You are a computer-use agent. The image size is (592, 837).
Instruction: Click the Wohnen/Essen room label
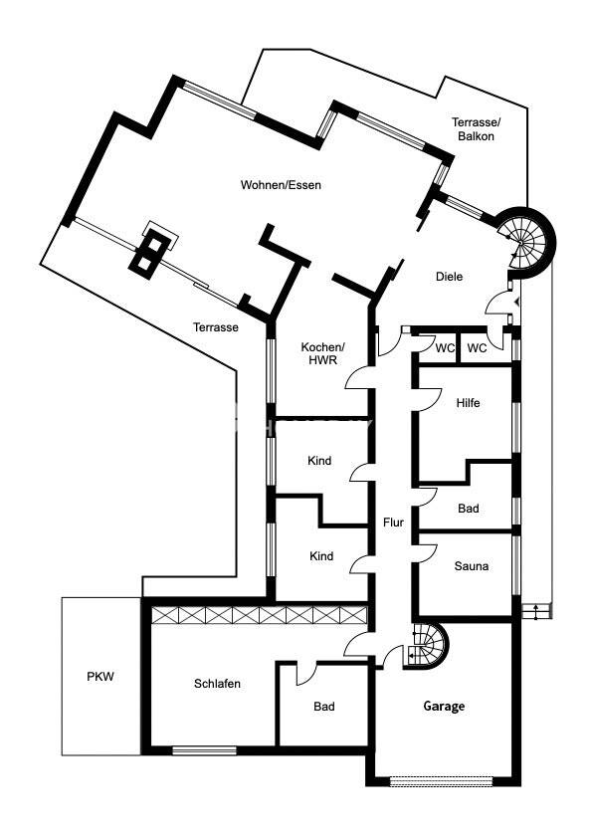pos(281,185)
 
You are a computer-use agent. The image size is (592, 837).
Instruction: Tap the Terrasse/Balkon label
pos(476,129)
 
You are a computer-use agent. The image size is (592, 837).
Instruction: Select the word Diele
pos(449,277)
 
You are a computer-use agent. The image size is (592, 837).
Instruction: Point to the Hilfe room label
pos(468,403)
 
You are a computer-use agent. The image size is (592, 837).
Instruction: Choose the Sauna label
pos(472,566)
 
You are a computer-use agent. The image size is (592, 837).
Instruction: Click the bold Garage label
pos(444,707)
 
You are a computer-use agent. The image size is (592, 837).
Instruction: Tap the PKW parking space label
pos(100,677)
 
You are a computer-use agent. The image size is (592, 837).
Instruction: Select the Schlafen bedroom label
pos(217,684)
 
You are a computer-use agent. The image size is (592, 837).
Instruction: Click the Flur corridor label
pos(393,523)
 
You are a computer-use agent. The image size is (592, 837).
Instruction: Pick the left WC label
pos(445,348)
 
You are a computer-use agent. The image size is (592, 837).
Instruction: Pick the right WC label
pos(477,348)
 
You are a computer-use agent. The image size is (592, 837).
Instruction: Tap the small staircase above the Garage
pos(426,646)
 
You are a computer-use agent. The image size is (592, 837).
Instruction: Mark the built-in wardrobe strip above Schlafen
pos(260,615)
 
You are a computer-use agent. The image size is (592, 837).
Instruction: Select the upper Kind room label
pos(319,461)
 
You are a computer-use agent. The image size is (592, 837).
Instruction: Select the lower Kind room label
pos(321,556)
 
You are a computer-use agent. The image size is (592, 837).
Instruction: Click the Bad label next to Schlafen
pos(324,707)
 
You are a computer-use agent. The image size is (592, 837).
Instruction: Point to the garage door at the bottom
pos(441,781)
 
